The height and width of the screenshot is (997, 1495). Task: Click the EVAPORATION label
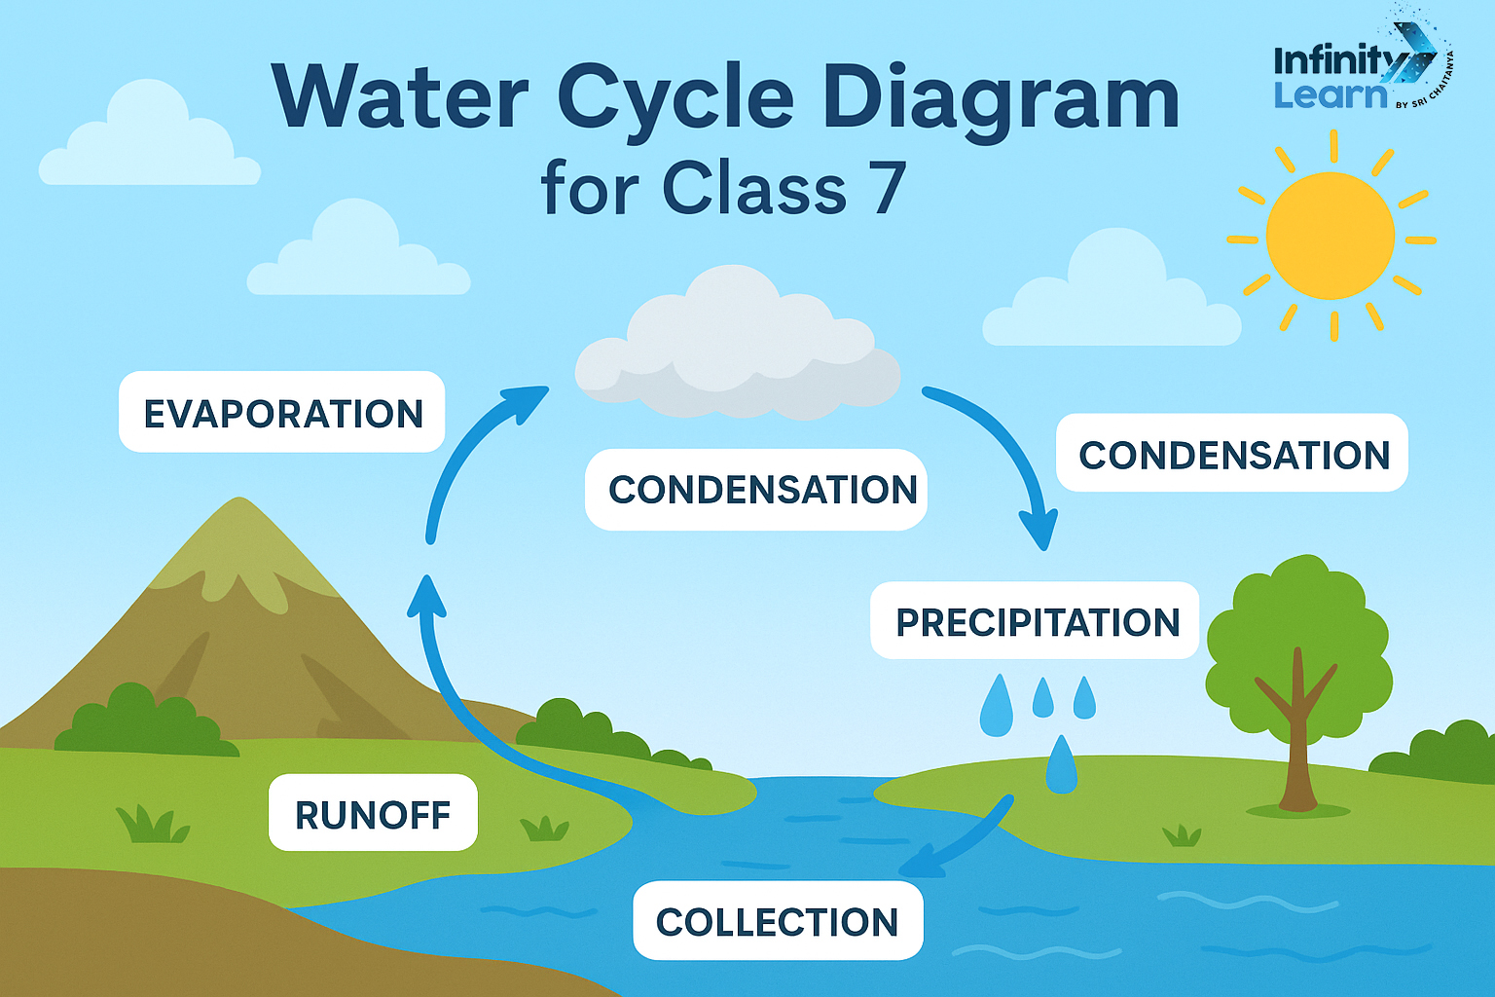tap(282, 413)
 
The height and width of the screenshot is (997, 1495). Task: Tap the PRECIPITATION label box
tap(1036, 621)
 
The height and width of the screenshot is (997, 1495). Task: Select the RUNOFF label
tap(373, 814)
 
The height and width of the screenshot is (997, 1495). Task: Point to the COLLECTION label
tap(777, 921)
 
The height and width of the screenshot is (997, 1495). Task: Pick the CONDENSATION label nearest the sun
tap(1232, 455)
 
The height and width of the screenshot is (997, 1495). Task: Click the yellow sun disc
tap(1330, 237)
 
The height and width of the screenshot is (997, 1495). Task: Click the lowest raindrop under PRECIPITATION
tap(1061, 764)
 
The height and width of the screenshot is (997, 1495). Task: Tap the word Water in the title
tap(399, 97)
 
